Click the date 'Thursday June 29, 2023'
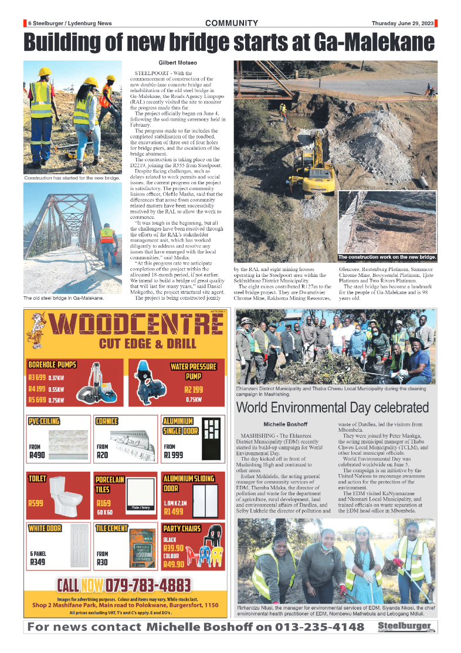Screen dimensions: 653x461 pyautogui.click(x=402, y=23)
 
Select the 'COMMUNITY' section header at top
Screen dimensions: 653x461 pyautogui.click(x=232, y=23)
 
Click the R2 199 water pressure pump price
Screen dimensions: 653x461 pyautogui.click(x=193, y=389)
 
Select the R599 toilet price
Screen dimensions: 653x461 pyautogui.click(x=36, y=503)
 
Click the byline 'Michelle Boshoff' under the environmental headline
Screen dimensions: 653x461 pyautogui.click(x=286, y=424)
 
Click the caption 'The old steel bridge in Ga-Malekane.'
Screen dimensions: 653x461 pyautogui.click(x=63, y=298)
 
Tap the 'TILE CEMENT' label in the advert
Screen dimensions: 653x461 pyautogui.click(x=111, y=529)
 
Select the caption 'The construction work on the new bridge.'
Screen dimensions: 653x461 pyautogui.click(x=388, y=258)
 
